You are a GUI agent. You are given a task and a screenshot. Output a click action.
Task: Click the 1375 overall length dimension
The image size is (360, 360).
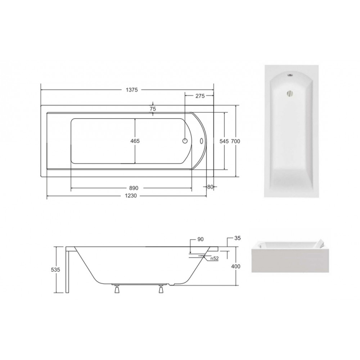coord(132,90)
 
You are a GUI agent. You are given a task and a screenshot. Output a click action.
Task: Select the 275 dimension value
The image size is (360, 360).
coord(200,96)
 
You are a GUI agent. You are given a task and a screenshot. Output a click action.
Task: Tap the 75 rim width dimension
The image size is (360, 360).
coord(153,109)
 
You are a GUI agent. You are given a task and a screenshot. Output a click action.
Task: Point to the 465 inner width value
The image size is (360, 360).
coord(135,141)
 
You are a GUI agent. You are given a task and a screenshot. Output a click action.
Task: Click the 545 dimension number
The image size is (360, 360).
coord(224,141)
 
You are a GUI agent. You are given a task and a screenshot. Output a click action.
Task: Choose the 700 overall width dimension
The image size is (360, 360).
coord(235,141)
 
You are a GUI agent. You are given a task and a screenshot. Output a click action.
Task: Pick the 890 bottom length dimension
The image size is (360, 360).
coord(134,188)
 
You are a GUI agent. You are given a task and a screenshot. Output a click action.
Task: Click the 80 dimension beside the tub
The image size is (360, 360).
coord(210,187)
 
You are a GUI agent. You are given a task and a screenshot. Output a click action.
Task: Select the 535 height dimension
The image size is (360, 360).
coord(55,270)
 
